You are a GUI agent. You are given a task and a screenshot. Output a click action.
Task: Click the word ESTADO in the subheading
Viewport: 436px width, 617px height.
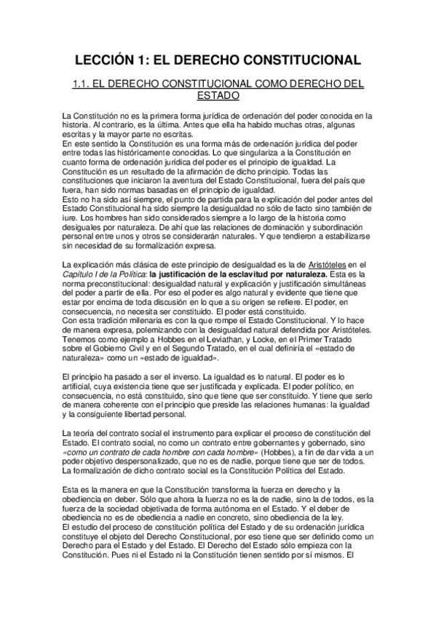[x=218, y=95]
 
